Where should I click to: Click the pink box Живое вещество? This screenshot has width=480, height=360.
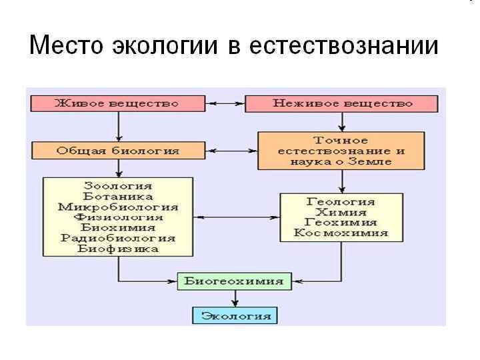click(x=117, y=103)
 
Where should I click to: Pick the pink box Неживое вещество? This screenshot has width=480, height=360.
click(x=342, y=103)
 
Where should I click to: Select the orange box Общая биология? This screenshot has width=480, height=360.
click(x=118, y=150)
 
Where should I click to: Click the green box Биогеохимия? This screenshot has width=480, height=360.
click(x=234, y=281)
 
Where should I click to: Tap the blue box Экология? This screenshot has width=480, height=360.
click(x=234, y=315)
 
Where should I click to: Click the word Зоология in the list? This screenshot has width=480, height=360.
click(x=118, y=185)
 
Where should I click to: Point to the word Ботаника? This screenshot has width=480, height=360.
click(x=118, y=196)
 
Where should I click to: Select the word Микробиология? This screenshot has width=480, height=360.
click(x=118, y=207)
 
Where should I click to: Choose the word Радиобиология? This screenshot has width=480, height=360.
click(x=118, y=238)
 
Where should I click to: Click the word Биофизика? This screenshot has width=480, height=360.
click(x=118, y=249)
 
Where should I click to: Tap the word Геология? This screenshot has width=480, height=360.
click(x=341, y=201)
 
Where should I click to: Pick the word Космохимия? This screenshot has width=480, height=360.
click(x=341, y=233)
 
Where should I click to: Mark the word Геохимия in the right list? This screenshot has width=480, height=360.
click(x=341, y=223)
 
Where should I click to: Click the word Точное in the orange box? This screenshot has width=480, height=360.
click(x=341, y=140)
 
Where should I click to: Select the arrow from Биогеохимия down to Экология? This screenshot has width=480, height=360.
click(x=234, y=298)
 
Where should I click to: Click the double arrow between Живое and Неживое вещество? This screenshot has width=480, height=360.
click(x=225, y=103)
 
